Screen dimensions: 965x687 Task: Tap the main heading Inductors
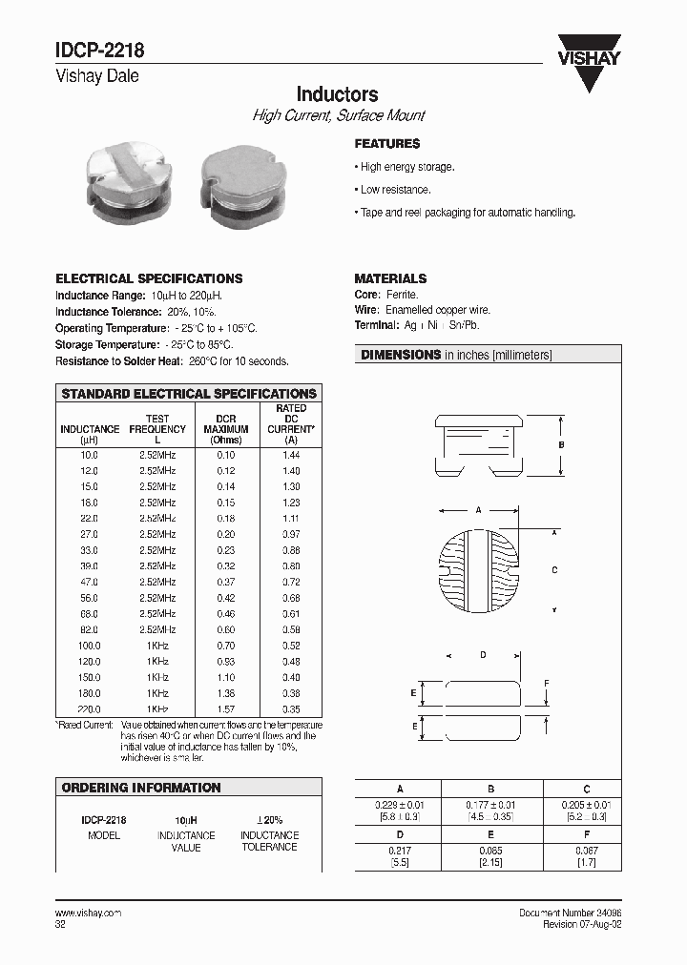(337, 94)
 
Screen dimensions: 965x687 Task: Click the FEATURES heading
(387, 144)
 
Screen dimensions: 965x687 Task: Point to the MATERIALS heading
(390, 278)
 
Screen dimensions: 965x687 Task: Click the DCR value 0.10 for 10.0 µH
(225, 456)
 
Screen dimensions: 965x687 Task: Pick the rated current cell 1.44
(291, 456)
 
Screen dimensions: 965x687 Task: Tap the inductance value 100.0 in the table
(89, 646)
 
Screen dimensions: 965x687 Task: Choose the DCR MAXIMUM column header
(226, 429)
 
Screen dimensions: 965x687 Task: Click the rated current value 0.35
(291, 709)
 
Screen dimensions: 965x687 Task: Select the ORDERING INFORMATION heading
(141, 788)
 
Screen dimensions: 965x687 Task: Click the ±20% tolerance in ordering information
(269, 819)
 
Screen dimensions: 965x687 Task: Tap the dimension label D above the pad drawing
(483, 655)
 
